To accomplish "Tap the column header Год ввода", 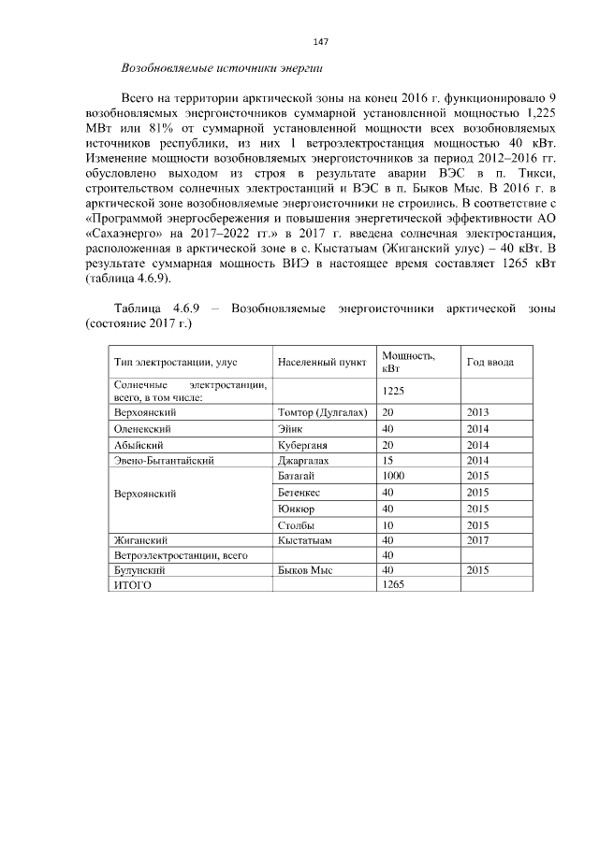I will pos(488,362).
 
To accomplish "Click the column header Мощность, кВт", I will pos(408,362).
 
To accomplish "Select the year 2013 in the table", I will pos(477,411).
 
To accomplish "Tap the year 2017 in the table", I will pos(477,540).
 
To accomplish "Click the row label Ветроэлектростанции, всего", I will pos(180,555).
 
